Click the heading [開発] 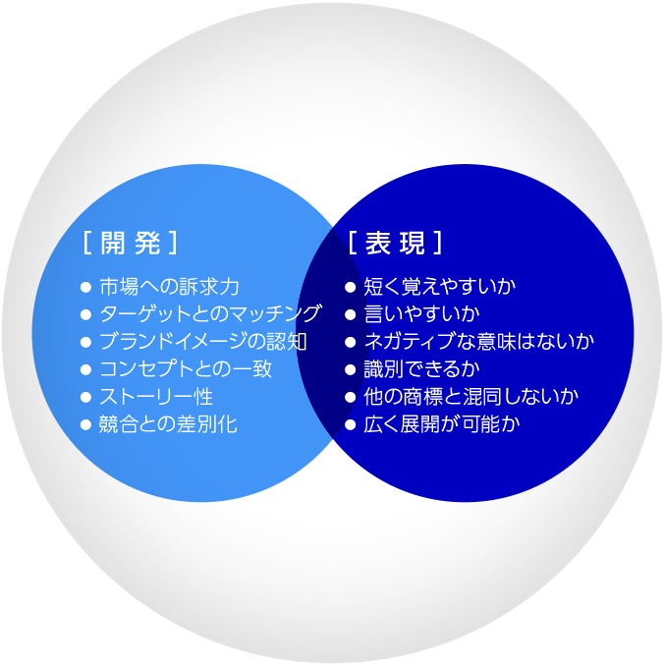(131, 243)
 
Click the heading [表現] (395, 243)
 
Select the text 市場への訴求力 (169, 287)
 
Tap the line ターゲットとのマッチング (210, 314)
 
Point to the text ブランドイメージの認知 (202, 342)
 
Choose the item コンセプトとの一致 (186, 369)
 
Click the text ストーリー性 (156, 397)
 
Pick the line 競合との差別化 (168, 424)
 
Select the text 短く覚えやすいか (440, 287)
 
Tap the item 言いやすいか (422, 314)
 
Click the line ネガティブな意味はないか (479, 342)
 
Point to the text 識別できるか (422, 369)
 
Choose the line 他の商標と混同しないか (471, 397)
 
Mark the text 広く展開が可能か (441, 424)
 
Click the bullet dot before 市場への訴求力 (86, 288)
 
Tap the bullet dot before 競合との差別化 (86, 425)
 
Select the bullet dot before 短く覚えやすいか (351, 288)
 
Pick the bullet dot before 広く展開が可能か (351, 425)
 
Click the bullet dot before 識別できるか (351, 369)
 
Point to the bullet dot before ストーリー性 (86, 398)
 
